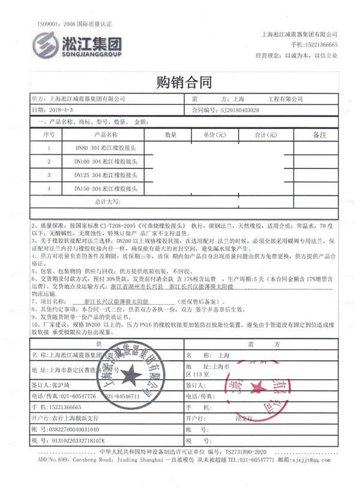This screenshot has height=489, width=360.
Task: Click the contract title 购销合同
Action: pos(180,82)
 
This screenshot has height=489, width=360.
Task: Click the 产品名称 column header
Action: pos(103,135)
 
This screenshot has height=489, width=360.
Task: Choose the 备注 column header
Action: pos(320,135)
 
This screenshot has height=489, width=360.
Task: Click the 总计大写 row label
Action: pos(108,202)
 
